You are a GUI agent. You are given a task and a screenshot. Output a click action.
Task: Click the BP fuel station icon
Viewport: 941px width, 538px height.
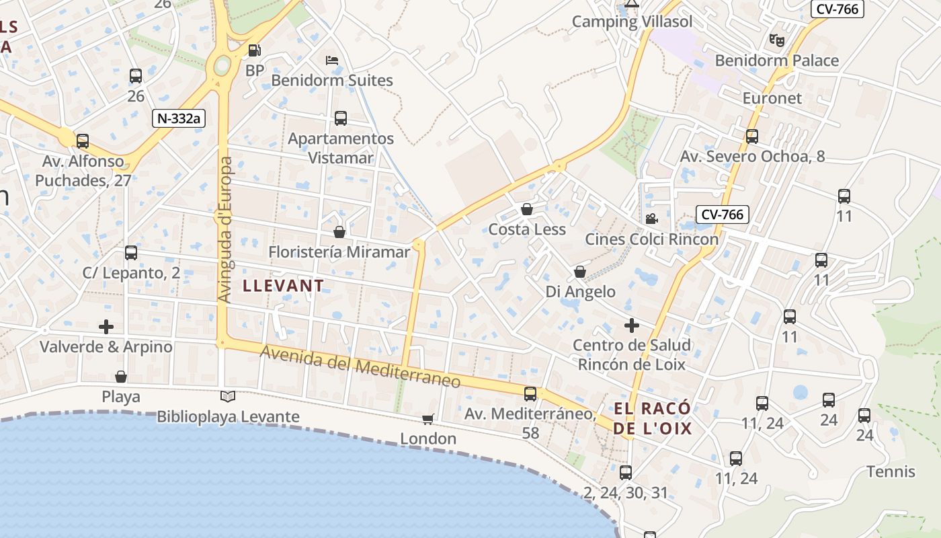pos(254,50)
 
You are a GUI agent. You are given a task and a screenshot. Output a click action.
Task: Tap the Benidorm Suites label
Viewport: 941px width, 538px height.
pos(331,81)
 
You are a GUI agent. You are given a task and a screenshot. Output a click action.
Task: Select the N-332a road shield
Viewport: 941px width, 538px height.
pos(178,118)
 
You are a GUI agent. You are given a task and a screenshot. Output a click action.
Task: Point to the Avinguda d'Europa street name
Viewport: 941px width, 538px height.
pos(226,229)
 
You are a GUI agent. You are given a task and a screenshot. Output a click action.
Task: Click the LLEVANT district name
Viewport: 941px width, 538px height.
pos(283,286)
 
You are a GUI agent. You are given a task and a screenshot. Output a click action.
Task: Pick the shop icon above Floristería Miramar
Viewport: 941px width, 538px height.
pos(339,232)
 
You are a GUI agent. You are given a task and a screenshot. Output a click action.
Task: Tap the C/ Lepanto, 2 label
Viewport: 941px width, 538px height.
pos(131,273)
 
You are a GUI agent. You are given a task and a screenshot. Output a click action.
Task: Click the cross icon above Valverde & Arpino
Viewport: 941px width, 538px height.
pos(106,327)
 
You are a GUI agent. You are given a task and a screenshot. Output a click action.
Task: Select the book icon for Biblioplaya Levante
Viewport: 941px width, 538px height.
pos(228,397)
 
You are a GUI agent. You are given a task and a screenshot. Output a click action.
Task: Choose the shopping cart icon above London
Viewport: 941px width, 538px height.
pos(427,419)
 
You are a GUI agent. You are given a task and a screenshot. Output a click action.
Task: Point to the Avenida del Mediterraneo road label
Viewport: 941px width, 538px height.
pos(360,367)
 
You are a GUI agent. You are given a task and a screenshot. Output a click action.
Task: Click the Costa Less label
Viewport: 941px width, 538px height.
pos(527,229)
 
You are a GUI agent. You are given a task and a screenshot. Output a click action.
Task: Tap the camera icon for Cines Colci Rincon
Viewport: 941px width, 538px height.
pos(651,219)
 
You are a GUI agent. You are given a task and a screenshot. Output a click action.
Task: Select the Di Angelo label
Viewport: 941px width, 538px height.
pos(580,292)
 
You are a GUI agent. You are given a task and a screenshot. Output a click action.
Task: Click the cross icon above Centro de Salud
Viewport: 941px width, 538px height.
pos(632,325)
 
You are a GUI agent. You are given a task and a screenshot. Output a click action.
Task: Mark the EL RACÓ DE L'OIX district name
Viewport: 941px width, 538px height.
pos(652,418)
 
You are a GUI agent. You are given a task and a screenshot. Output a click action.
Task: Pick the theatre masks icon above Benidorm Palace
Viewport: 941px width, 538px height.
pos(777,40)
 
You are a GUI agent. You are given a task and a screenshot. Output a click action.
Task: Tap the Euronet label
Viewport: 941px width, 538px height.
pos(772,98)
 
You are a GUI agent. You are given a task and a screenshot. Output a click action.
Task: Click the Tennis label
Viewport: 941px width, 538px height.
pos(891,471)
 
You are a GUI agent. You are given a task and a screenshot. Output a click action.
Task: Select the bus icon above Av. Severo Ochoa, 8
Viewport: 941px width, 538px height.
pos(752,137)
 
